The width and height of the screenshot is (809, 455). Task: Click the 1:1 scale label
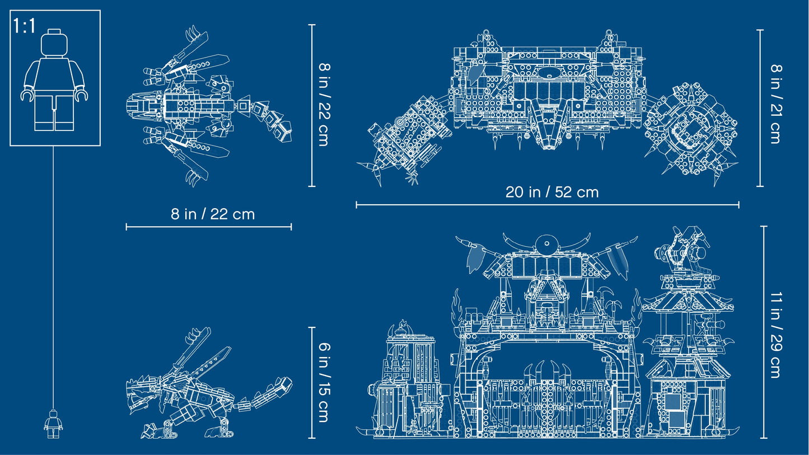tap(25, 26)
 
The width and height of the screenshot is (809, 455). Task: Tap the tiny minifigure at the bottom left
tap(53, 424)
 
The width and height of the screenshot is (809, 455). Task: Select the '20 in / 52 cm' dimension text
tap(552, 192)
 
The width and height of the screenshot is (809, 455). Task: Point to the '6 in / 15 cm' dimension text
tap(324, 382)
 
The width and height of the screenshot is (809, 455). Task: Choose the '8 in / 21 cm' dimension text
tap(775, 104)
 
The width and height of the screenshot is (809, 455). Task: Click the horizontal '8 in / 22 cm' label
tap(213, 214)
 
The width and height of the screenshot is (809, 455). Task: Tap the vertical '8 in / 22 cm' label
tap(324, 105)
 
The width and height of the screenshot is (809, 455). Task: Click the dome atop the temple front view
tap(546, 244)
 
